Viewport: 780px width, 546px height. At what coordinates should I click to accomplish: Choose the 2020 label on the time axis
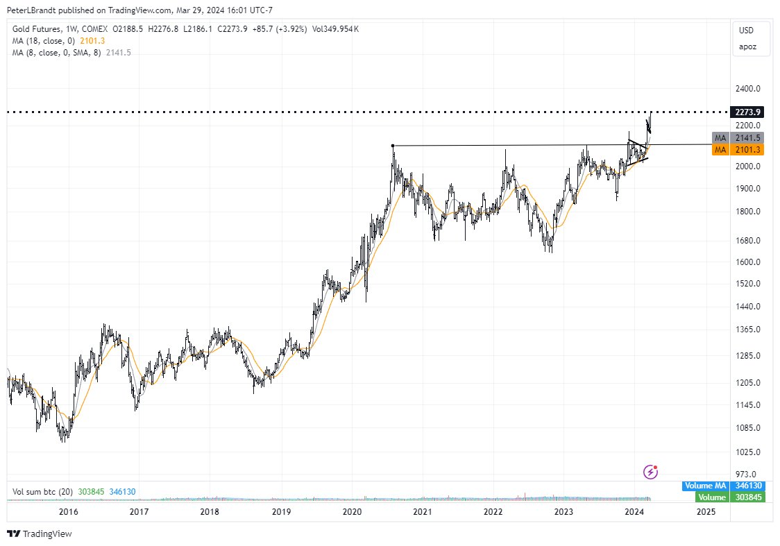352,512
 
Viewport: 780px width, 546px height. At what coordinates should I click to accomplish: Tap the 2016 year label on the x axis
68,512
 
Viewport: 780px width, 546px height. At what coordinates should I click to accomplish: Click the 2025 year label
705,512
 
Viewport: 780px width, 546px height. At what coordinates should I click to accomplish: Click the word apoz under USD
747,47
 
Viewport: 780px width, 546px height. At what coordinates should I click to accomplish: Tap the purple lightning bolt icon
651,472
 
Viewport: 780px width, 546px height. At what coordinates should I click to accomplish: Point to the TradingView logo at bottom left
40,534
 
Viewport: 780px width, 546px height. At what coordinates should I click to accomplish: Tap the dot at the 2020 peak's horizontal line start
393,146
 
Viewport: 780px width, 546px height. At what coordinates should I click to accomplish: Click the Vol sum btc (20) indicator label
42,492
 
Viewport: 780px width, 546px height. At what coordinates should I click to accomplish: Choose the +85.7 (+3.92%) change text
280,28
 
